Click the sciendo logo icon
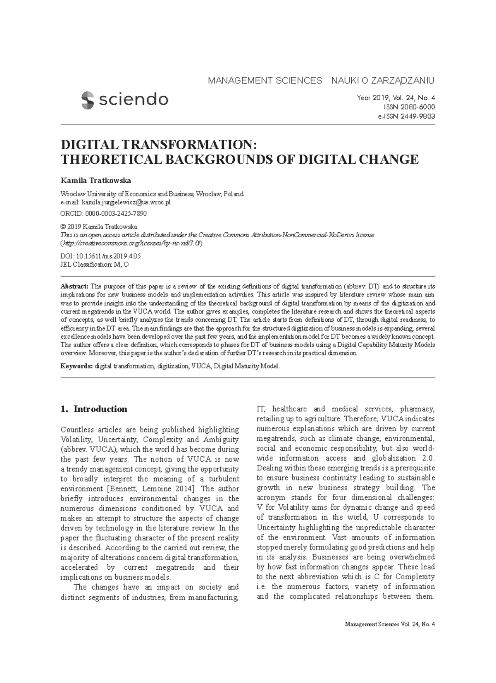coord(88,100)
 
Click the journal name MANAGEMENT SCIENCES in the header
coord(265,80)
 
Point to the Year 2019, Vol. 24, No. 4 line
coord(396,98)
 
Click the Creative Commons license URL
coord(131,243)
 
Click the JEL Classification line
coord(95,265)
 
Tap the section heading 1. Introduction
coord(94,409)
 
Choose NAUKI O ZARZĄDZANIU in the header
coord(383,80)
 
